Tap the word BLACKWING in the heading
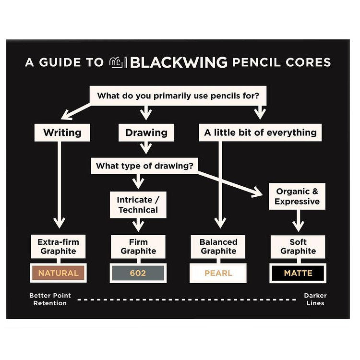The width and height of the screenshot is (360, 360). (x=179, y=62)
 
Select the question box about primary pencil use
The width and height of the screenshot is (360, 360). (x=178, y=96)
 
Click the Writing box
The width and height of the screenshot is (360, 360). (x=62, y=132)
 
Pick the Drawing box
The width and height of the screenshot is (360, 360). (x=146, y=132)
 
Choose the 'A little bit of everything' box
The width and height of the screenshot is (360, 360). (x=260, y=132)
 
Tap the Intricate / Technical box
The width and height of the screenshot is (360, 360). (x=138, y=205)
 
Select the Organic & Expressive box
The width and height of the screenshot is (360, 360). (x=297, y=196)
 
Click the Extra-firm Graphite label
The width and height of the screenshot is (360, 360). (x=58, y=246)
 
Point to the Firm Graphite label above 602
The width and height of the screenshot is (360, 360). (x=138, y=246)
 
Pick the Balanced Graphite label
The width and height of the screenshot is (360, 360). (x=218, y=246)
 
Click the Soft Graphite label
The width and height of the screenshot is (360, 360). (x=298, y=246)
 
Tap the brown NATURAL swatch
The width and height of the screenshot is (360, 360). (x=58, y=273)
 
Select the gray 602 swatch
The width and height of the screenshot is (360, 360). (x=138, y=273)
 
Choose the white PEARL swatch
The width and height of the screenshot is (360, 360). (x=218, y=273)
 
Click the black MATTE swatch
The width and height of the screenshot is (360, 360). (x=298, y=273)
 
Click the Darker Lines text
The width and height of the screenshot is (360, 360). (x=315, y=300)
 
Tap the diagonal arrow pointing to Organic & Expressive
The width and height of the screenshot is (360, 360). (x=230, y=182)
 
